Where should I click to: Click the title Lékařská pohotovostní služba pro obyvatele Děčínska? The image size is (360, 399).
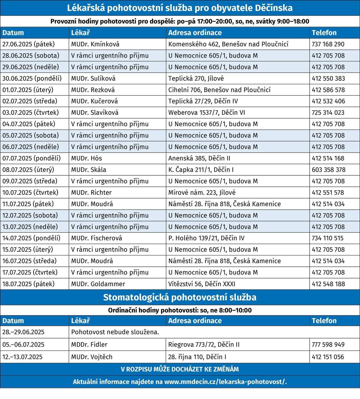[180, 8]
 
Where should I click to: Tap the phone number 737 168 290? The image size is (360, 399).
[328, 44]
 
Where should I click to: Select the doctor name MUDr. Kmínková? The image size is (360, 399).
[95, 44]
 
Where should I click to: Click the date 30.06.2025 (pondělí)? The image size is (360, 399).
[32, 78]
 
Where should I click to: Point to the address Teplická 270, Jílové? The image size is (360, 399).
[196, 78]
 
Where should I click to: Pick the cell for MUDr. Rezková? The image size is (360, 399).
[93, 90]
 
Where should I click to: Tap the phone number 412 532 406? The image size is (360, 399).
[328, 101]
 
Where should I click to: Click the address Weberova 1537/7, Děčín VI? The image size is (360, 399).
[206, 112]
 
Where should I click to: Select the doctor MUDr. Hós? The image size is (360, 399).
[86, 158]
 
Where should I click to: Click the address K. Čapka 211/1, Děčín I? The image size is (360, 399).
[201, 170]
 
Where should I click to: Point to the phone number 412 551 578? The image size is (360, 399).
[328, 192]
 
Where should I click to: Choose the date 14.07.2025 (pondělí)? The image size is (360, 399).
[31, 238]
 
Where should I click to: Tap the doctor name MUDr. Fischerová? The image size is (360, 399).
[97, 238]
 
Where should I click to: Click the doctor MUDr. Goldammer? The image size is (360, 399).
[98, 284]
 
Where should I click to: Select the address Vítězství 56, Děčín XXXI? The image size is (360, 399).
[202, 284]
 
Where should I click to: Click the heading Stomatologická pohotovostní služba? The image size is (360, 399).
[180, 297]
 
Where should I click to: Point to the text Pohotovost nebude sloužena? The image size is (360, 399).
[115, 332]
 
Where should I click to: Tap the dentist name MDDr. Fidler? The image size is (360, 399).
[89, 344]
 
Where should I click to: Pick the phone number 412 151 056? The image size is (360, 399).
[328, 357]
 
